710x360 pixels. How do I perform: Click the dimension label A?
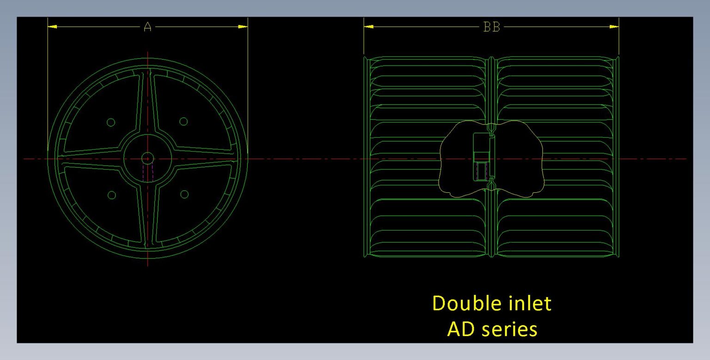click(x=147, y=27)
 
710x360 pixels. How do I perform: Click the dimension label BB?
click(x=491, y=27)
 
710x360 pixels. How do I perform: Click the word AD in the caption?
click(x=459, y=329)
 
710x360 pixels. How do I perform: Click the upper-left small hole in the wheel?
click(x=111, y=122)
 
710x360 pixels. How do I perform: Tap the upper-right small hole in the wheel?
click(x=184, y=122)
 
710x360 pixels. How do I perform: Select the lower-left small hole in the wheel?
click(x=111, y=195)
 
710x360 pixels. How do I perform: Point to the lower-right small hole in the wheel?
click(x=184, y=195)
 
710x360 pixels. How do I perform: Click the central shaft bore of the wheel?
click(x=147, y=158)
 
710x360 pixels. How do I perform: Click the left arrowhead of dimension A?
click(x=52, y=27)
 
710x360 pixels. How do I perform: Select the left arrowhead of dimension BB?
click(x=368, y=27)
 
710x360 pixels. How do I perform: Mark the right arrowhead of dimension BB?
click(x=614, y=27)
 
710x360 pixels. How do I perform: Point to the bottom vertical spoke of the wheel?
click(x=147, y=213)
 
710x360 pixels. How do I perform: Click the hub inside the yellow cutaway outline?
click(x=482, y=157)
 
